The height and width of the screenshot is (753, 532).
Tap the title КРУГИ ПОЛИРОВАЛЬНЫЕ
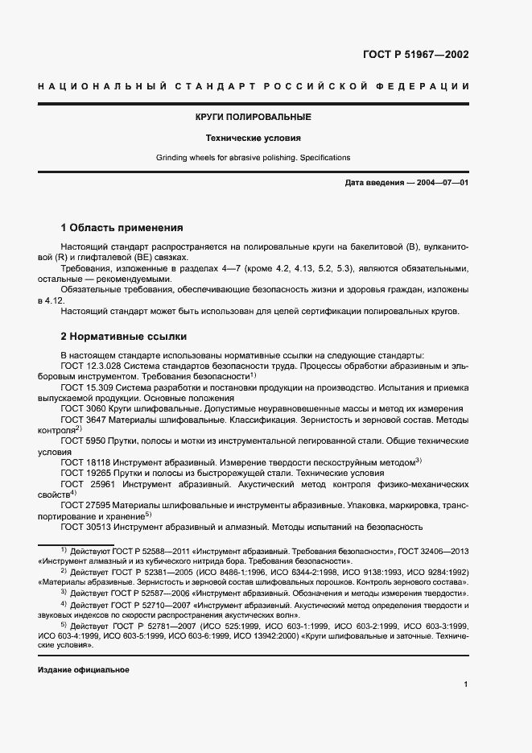coord(254,118)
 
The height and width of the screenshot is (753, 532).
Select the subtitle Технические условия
coord(254,138)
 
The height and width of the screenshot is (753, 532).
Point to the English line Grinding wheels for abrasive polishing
coord(254,158)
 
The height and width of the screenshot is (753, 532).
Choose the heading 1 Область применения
coord(122,228)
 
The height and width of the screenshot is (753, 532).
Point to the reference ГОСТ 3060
coord(81,408)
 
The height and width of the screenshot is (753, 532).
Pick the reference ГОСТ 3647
coord(81,419)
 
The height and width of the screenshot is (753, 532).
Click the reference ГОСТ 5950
coord(81,441)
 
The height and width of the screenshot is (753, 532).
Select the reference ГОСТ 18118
coord(84,462)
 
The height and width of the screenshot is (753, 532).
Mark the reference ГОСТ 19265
coord(84,474)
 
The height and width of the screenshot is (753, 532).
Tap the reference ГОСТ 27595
coord(84,505)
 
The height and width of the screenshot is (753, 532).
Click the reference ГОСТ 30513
coord(84,527)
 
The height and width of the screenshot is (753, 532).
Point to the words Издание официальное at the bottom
coord(83,670)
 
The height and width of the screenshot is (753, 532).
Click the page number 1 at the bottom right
coord(466,685)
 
